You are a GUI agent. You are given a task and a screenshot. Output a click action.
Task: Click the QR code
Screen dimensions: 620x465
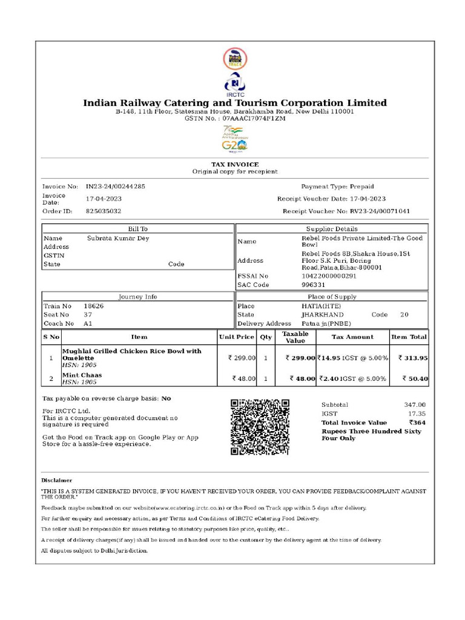(260, 427)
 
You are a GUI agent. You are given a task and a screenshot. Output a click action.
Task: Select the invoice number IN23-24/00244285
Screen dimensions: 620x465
(115, 186)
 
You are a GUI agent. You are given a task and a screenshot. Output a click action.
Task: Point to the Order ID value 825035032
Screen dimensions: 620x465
(104, 211)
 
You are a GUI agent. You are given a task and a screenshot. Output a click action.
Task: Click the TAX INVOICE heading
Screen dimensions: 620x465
(235, 165)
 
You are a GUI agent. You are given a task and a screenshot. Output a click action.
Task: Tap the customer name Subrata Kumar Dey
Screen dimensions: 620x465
(118, 239)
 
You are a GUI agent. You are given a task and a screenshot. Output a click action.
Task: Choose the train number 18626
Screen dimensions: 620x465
(93, 306)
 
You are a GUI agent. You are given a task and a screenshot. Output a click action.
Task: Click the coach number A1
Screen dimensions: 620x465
(88, 324)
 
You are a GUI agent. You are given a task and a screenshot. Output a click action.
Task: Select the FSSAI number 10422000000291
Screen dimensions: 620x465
(329, 276)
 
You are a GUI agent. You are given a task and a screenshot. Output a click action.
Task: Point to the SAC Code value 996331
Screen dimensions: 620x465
(314, 285)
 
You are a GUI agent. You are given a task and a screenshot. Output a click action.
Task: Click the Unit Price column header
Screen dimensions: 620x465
(236, 337)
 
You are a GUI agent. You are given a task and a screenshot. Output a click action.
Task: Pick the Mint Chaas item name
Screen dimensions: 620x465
(82, 375)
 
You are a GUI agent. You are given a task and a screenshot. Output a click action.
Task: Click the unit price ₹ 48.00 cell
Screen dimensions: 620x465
(244, 379)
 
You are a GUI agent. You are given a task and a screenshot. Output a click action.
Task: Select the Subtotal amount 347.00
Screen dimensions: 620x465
(415, 405)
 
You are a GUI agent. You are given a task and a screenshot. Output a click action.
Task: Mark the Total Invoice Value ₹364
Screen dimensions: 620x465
(417, 423)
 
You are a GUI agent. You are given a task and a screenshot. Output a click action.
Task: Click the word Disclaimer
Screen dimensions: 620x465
(57, 480)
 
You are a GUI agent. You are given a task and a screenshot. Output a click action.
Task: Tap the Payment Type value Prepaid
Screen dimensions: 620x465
(361, 186)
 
